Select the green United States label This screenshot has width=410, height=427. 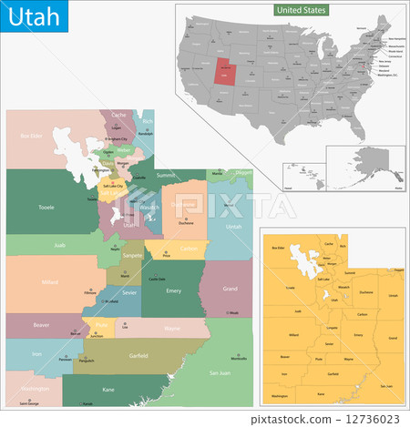pyautogui.click(x=301, y=9)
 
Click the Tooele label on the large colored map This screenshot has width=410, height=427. pyautogui.click(x=46, y=207)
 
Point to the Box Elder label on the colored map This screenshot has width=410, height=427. pyautogui.click(x=32, y=137)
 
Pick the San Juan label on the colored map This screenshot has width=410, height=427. pyautogui.click(x=220, y=372)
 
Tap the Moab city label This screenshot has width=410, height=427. pyautogui.click(x=233, y=312)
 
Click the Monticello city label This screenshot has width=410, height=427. pyautogui.click(x=238, y=359)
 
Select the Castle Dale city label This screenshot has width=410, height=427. pyautogui.click(x=157, y=279)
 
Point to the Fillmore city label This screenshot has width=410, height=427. pyautogui.click(x=89, y=292)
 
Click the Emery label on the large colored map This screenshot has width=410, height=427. pyautogui.click(x=174, y=290)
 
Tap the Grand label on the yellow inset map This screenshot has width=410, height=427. pyautogui.click(x=393, y=338)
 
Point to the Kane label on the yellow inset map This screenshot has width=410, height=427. pyautogui.click(x=320, y=393)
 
